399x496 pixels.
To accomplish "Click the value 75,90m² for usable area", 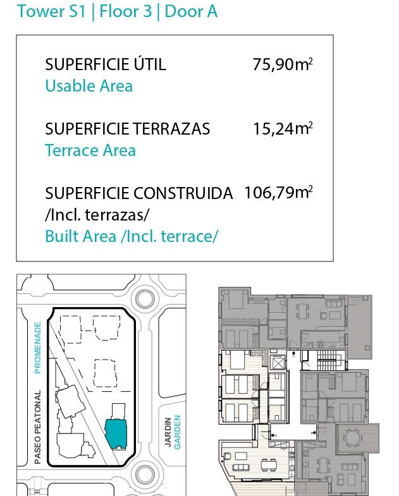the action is pyautogui.click(x=283, y=64).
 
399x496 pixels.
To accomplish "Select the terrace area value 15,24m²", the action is pyautogui.click(x=283, y=129).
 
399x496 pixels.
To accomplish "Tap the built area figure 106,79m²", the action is pyautogui.click(x=278, y=192).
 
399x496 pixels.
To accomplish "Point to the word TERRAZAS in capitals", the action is pyautogui.click(x=171, y=129).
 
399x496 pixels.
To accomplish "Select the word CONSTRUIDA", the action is pyautogui.click(x=183, y=193).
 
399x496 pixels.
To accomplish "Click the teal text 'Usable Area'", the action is pyautogui.click(x=89, y=86).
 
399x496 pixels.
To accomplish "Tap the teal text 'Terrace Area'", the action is pyautogui.click(x=90, y=150).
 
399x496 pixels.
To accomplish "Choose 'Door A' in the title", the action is pyautogui.click(x=191, y=11).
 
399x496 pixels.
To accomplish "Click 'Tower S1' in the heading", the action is pyautogui.click(x=51, y=11).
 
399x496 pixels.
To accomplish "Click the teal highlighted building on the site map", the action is pyautogui.click(x=116, y=433).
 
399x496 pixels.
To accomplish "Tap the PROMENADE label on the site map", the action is pyautogui.click(x=38, y=348).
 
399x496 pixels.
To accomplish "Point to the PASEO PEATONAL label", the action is pyautogui.click(x=38, y=427).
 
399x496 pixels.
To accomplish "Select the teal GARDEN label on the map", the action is pyautogui.click(x=177, y=432).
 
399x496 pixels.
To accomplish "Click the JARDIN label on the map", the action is pyautogui.click(x=168, y=432).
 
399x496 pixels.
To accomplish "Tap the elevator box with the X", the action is pyautogui.click(x=278, y=363).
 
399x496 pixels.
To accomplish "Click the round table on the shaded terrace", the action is pyautogui.click(x=352, y=438).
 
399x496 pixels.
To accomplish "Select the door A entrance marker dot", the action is pyautogui.click(x=273, y=435).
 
